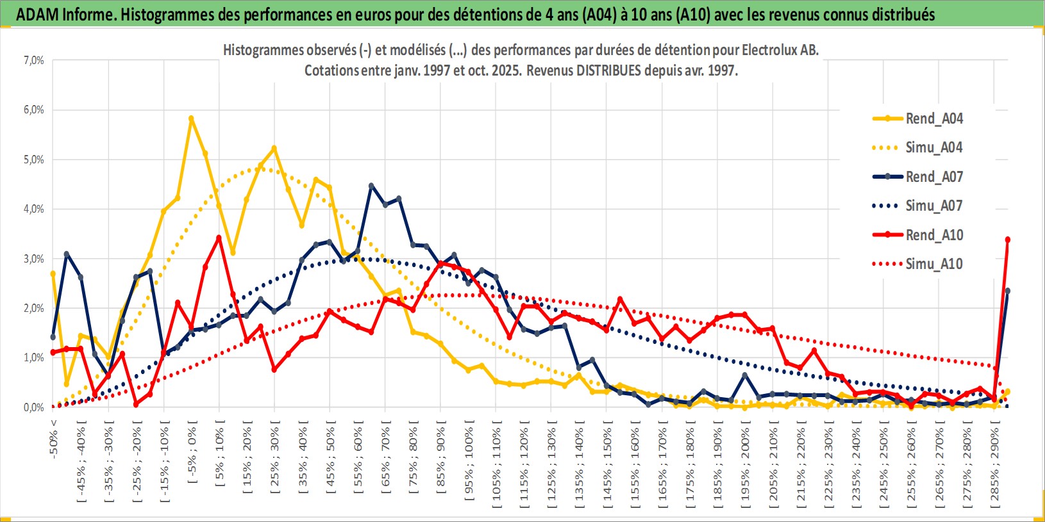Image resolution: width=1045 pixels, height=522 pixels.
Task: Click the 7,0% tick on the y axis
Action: pos(34,60)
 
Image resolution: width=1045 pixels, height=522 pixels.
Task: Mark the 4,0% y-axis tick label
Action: pos(34,209)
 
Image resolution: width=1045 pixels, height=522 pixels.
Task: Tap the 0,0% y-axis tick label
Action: pos(34,407)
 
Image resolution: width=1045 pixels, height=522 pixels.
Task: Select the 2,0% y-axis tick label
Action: pos(34,308)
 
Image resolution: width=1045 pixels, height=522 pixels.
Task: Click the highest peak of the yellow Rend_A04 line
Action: pos(191,118)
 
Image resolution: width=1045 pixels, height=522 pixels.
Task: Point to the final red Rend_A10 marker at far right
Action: pos(1008,240)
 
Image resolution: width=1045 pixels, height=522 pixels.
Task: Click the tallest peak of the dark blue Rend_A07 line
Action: pos(371,186)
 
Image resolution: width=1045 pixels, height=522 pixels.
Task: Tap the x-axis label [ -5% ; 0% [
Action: pos(192,452)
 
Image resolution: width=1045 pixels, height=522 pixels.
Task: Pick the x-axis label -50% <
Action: pos(54,439)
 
